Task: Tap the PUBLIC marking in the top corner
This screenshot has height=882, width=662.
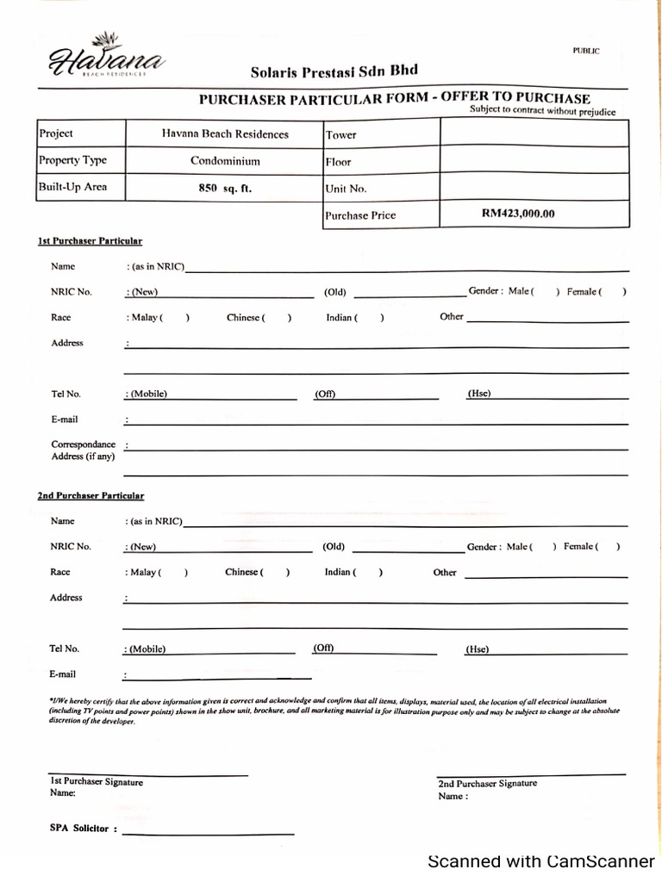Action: tap(586, 51)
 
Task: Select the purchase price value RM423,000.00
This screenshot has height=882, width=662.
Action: tap(518, 214)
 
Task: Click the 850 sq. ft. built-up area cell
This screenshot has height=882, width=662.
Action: tap(225, 188)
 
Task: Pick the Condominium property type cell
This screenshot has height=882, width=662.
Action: tap(225, 161)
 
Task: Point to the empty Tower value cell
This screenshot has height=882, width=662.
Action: tap(534, 134)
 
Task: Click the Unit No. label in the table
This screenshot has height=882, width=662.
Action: tap(347, 189)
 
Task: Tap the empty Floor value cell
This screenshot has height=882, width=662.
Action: tap(534, 161)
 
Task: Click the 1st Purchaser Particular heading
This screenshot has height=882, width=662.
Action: tap(90, 241)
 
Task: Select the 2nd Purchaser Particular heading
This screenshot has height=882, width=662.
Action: tap(91, 496)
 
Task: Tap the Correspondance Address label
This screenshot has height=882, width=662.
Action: tap(83, 450)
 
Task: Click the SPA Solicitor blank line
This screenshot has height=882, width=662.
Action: tap(208, 831)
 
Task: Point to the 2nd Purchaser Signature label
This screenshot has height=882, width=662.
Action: tap(487, 784)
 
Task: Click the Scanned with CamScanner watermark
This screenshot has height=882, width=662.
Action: tap(541, 861)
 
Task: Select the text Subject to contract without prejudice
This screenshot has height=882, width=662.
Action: tap(542, 111)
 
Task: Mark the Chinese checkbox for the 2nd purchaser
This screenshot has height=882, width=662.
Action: tap(276, 573)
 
